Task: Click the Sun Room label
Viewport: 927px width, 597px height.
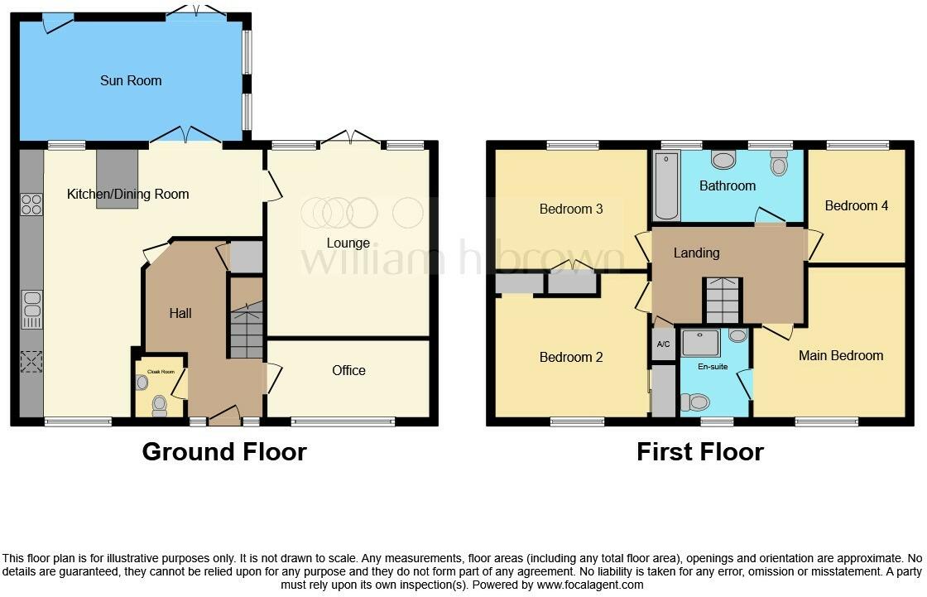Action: pyautogui.click(x=131, y=80)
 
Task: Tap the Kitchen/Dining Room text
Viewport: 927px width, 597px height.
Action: pyautogui.click(x=128, y=194)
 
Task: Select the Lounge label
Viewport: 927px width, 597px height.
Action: pyautogui.click(x=348, y=243)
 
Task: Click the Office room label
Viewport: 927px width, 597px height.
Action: pyautogui.click(x=348, y=370)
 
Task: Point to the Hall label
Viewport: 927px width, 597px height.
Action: pyautogui.click(x=180, y=312)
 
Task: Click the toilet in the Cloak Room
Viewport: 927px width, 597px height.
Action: pyautogui.click(x=158, y=404)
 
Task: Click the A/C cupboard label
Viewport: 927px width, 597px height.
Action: pyautogui.click(x=663, y=344)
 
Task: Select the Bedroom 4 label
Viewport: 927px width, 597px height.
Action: pyautogui.click(x=857, y=205)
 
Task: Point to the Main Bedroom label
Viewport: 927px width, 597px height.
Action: pyautogui.click(x=841, y=355)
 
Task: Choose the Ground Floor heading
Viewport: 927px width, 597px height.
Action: pyautogui.click(x=224, y=451)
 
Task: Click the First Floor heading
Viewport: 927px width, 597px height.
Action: pyautogui.click(x=700, y=451)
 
